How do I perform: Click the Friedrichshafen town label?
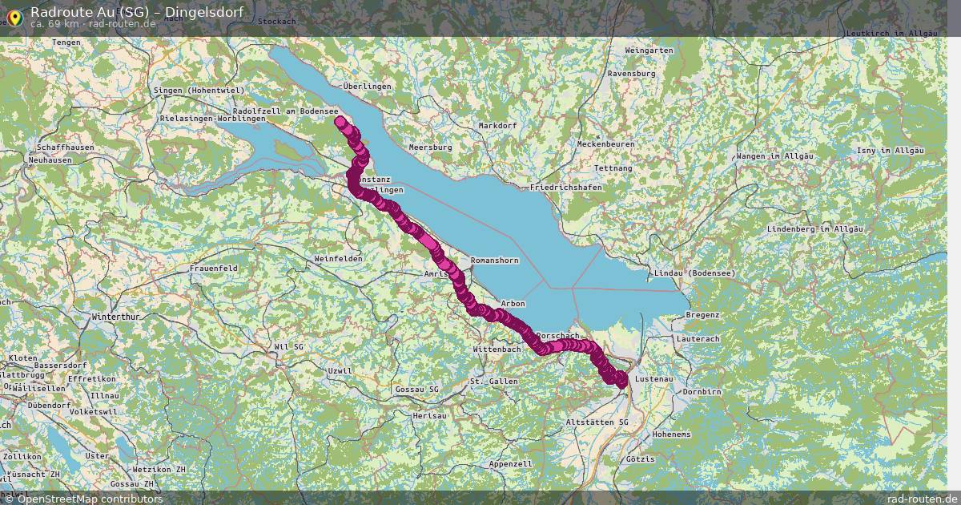(565, 187)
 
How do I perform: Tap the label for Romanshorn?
(494, 261)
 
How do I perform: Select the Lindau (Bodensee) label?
(694, 273)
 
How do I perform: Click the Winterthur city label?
(117, 317)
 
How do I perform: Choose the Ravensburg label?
(631, 73)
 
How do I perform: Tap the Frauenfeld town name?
(213, 267)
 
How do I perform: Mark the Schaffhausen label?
(66, 147)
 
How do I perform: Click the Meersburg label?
(430, 147)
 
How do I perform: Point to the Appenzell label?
(510, 464)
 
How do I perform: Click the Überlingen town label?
(366, 86)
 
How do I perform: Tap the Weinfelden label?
(338, 259)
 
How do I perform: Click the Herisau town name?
(429, 416)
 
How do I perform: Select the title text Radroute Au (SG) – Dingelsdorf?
(137, 11)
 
